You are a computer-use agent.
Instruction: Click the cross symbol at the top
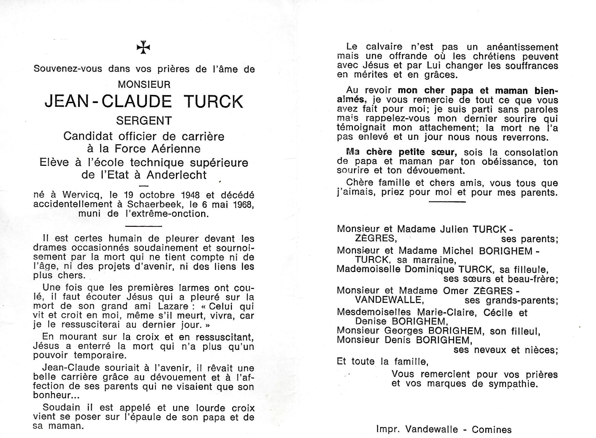pyautogui.click(x=144, y=48)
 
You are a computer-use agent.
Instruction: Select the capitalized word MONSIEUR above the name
pyautogui.click(x=144, y=85)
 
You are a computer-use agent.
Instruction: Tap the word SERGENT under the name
pyautogui.click(x=144, y=121)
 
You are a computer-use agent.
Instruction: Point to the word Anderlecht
pyautogui.click(x=177, y=175)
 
